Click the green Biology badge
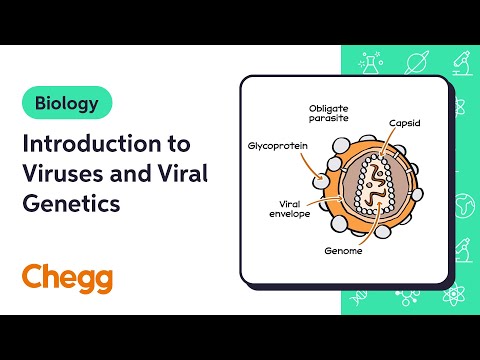click(x=67, y=102)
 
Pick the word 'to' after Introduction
click(x=178, y=142)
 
